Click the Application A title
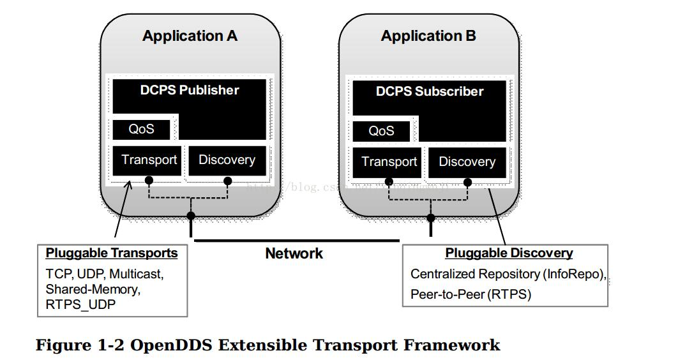click(x=190, y=36)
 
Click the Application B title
click(x=428, y=36)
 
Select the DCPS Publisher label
click(x=190, y=90)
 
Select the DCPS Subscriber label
click(x=429, y=91)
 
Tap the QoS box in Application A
click(x=142, y=129)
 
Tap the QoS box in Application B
click(x=381, y=131)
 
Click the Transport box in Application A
click(x=149, y=160)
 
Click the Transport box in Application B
click(x=389, y=162)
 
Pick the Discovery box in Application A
click(x=227, y=160)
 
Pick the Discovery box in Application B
click(x=467, y=162)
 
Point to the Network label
click(x=294, y=253)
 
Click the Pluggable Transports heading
click(x=112, y=253)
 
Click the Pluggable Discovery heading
click(x=509, y=253)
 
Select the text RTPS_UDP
click(x=80, y=304)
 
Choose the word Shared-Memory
click(x=92, y=289)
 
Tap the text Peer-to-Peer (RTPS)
click(x=470, y=294)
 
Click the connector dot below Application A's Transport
click(x=149, y=181)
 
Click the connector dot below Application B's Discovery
click(x=467, y=183)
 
